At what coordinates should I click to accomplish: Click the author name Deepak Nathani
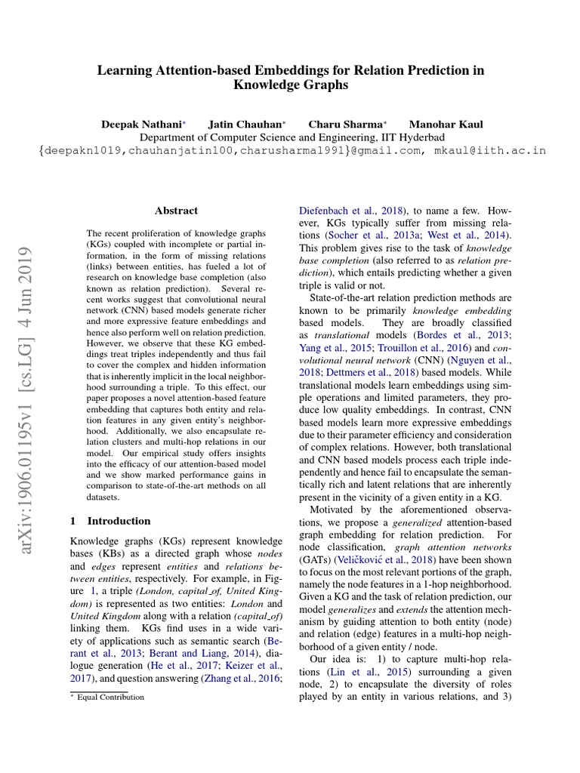(141, 124)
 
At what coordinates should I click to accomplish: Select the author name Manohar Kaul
(446, 124)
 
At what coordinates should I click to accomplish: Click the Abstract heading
(176, 211)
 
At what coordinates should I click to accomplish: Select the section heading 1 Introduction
(110, 521)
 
